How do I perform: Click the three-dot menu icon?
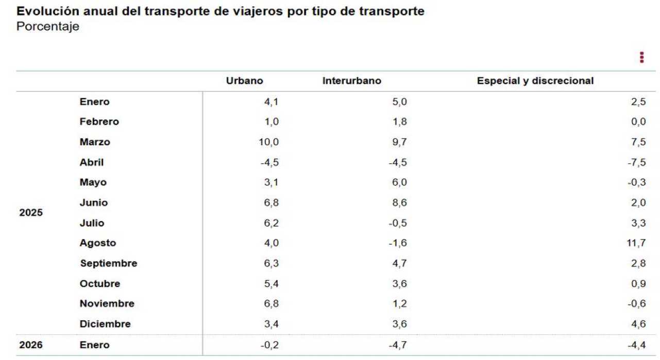641,57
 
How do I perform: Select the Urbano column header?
244,81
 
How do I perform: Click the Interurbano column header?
352,81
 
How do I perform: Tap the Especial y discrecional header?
535,81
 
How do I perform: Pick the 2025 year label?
31,212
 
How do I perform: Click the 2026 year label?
31,345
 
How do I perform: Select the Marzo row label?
95,142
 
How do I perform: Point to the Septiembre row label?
108,263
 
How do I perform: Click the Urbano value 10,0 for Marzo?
268,142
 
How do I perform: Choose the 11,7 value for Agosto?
636,243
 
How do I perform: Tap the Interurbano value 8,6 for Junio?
399,203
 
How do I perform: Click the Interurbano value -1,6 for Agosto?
397,243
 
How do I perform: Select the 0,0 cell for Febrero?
638,122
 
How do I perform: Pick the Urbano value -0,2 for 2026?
269,345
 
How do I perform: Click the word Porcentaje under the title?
48,27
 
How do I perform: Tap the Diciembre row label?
105,324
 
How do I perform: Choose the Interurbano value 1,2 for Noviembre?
399,304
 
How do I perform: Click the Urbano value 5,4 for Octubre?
271,284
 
